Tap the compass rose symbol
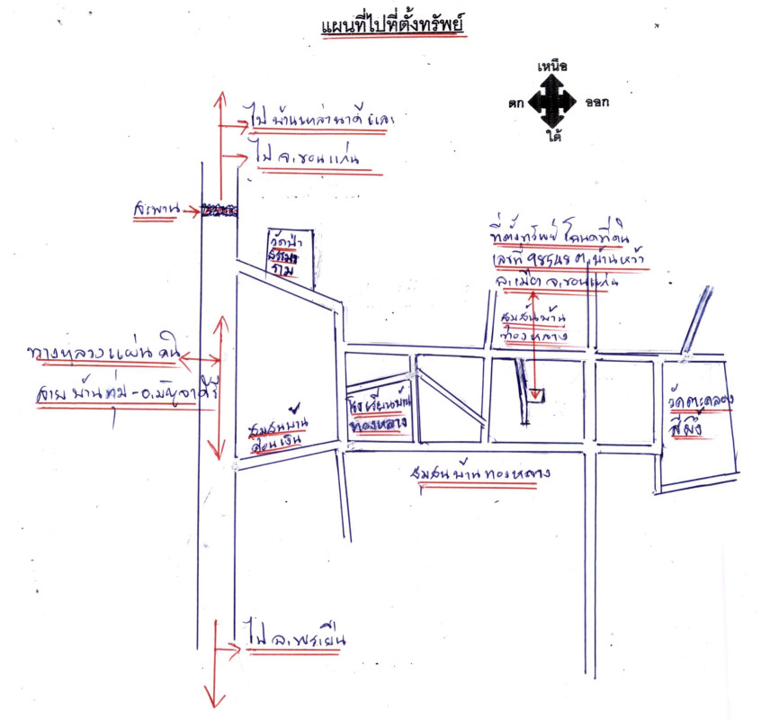[551, 101]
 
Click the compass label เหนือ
[551, 67]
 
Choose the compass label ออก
[595, 103]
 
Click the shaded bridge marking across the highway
[219, 211]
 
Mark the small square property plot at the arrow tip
[536, 394]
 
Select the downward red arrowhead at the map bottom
[213, 698]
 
